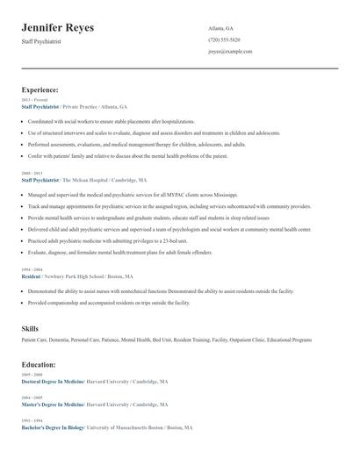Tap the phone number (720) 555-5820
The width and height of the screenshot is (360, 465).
(x=224, y=39)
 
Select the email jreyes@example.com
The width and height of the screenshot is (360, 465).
(x=230, y=51)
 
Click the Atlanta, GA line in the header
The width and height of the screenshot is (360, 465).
(x=221, y=28)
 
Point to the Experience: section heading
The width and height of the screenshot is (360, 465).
(x=40, y=89)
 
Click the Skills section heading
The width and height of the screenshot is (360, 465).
(x=30, y=328)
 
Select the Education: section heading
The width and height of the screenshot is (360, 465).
(x=39, y=364)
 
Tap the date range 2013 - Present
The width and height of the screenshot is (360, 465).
(x=34, y=100)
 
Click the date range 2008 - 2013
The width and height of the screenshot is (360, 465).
(x=32, y=174)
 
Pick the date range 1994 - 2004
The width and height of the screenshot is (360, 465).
(x=32, y=268)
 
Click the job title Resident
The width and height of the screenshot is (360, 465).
(x=31, y=275)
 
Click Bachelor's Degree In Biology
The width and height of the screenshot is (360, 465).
(x=52, y=426)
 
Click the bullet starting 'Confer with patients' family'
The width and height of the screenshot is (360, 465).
(x=127, y=155)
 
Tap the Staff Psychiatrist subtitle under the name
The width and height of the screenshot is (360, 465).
(x=43, y=41)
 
